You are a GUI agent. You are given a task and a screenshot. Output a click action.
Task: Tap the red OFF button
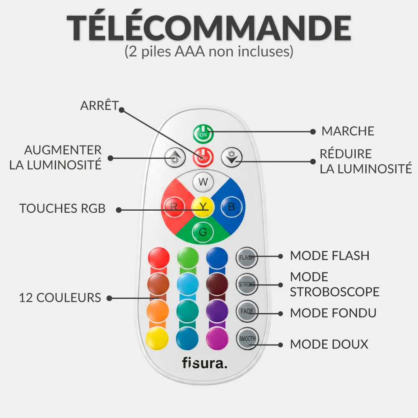pyautogui.click(x=203, y=158)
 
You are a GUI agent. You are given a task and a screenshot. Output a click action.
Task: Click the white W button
pyautogui.click(x=203, y=182)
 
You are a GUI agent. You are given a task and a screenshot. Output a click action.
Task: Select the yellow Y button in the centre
pyautogui.click(x=203, y=206)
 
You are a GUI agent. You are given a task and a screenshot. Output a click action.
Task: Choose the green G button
pyautogui.click(x=203, y=232)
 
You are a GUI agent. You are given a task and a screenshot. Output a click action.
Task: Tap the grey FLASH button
pyautogui.click(x=247, y=257)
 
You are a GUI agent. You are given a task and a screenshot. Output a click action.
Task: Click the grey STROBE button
pyautogui.click(x=247, y=284)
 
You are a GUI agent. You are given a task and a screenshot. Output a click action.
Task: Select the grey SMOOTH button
pyautogui.click(x=247, y=339)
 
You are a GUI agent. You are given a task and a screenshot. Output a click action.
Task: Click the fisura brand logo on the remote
pyautogui.click(x=205, y=363)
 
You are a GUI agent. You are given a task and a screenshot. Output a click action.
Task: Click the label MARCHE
pyautogui.click(x=348, y=131)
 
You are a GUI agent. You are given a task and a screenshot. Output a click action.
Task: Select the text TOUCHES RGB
pyautogui.click(x=62, y=209)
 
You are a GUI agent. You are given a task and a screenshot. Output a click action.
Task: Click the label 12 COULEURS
pyautogui.click(x=60, y=298)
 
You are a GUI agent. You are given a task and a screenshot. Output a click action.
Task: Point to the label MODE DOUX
pyautogui.click(x=329, y=344)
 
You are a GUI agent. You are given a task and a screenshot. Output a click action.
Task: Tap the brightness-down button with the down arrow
pyautogui.click(x=232, y=157)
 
